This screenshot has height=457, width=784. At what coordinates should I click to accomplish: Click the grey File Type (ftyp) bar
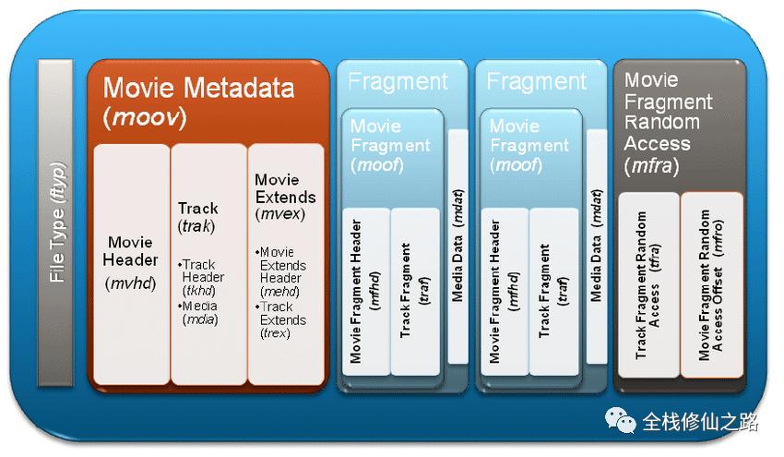tap(55, 222)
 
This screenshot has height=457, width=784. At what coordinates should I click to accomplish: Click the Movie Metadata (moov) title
tap(198, 102)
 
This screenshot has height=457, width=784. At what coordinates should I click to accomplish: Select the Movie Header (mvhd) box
tap(132, 264)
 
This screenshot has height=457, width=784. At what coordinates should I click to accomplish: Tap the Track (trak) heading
tap(198, 217)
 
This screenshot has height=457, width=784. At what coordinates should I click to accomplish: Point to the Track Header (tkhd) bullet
tap(201, 277)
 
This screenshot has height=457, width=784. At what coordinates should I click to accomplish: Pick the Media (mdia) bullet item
tap(198, 312)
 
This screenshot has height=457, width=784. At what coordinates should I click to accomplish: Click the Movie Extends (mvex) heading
tap(285, 197)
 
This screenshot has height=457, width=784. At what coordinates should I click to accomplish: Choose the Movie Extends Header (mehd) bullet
tap(281, 271)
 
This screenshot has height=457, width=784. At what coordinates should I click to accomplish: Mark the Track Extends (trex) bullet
tap(281, 319)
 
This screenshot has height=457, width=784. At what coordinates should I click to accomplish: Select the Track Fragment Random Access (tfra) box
tap(648, 284)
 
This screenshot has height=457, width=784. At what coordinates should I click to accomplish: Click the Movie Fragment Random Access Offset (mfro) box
tap(711, 284)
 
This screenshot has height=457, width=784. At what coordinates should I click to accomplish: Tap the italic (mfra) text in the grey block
tap(651, 165)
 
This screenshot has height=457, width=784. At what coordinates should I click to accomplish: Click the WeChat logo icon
tap(620, 420)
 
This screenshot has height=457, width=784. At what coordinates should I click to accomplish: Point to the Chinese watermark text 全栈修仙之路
tap(700, 422)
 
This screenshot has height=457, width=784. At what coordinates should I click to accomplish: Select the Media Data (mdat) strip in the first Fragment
tap(458, 247)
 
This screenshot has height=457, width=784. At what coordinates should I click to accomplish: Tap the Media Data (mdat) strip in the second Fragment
tap(597, 247)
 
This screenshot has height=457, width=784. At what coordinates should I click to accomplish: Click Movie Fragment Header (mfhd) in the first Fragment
tap(366, 292)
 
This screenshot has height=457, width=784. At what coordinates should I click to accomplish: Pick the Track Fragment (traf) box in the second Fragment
tap(553, 292)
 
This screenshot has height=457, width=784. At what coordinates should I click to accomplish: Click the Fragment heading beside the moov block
tap(398, 81)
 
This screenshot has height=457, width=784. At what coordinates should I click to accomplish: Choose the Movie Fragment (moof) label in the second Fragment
tap(529, 145)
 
